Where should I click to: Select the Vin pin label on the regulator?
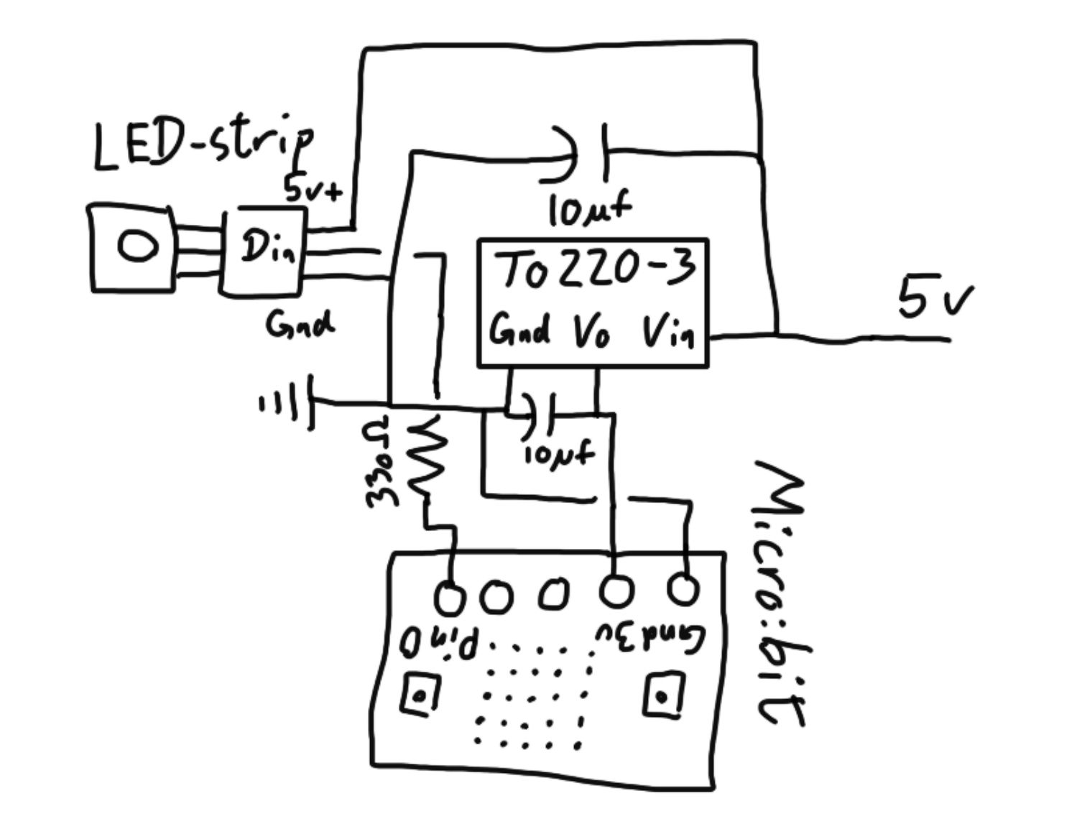click(x=668, y=331)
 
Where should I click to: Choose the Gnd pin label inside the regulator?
click(x=520, y=331)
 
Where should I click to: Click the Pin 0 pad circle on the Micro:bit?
click(x=450, y=597)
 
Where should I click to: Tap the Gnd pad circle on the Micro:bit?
click(x=683, y=589)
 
